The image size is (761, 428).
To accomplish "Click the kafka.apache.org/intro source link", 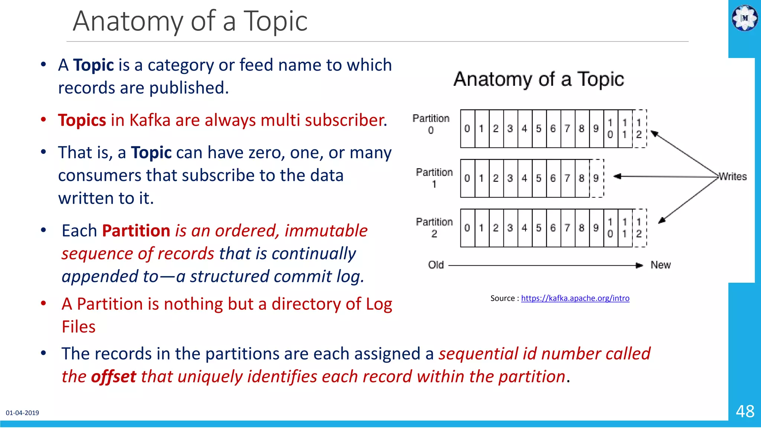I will tap(575, 298).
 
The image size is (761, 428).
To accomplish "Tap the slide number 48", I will tap(745, 411).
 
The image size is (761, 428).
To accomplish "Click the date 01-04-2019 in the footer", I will tap(22, 413).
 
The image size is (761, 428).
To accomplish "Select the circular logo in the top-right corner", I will tap(745, 18).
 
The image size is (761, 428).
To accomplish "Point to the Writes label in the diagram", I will tap(732, 176).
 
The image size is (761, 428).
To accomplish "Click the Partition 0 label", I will tap(431, 124).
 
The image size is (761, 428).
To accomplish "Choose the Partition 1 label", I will tap(434, 178).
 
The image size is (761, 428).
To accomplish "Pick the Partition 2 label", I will tap(434, 227).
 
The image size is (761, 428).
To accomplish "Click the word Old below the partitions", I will tap(436, 265).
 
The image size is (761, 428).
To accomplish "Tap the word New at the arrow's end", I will tap(660, 265).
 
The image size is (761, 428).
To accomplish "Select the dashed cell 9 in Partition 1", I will tap(596, 178).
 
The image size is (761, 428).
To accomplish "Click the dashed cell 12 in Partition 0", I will tap(639, 129).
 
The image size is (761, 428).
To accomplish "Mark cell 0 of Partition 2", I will tap(467, 228).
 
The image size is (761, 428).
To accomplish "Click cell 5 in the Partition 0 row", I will tap(539, 129).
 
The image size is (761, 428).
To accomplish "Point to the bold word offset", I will tap(114, 377).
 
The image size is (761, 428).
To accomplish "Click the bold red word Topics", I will tap(82, 120).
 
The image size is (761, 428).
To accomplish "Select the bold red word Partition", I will tap(136, 231).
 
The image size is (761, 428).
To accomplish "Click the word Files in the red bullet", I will tap(79, 327).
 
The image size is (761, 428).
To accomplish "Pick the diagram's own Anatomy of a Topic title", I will tap(538, 79).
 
